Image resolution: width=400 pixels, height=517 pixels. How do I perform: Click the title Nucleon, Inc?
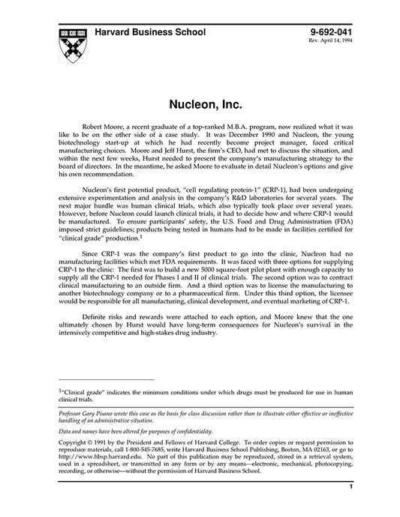coord(200,97)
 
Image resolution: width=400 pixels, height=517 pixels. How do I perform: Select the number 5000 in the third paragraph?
coord(218,270)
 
